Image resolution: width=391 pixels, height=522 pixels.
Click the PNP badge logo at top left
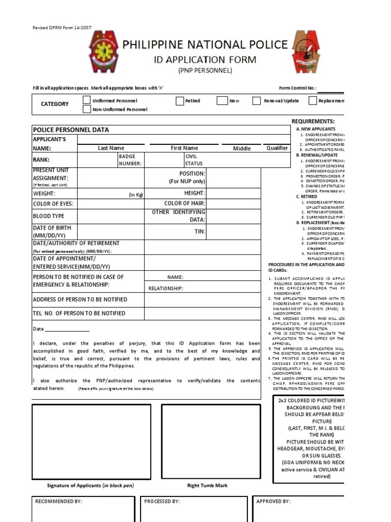[x=105, y=52]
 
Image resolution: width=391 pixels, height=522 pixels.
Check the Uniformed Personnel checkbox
[x=87, y=100]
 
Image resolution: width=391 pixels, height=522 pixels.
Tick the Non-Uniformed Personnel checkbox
[x=87, y=109]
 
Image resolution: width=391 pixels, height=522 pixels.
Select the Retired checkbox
[x=179, y=101]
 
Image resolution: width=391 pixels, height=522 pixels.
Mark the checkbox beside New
[x=221, y=101]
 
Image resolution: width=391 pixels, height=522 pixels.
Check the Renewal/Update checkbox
[x=257, y=101]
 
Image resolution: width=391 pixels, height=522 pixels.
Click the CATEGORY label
[x=54, y=104]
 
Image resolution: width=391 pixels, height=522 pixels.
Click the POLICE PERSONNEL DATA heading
[x=71, y=130]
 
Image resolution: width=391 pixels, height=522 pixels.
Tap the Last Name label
[x=111, y=148]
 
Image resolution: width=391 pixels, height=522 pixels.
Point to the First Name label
[x=184, y=148]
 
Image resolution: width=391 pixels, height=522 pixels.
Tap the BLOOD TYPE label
[x=49, y=216]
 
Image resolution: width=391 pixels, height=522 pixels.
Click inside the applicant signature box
[x=91, y=441]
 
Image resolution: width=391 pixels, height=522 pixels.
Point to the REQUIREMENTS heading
[x=313, y=121]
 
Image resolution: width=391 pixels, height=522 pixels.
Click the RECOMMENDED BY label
[x=59, y=502]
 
